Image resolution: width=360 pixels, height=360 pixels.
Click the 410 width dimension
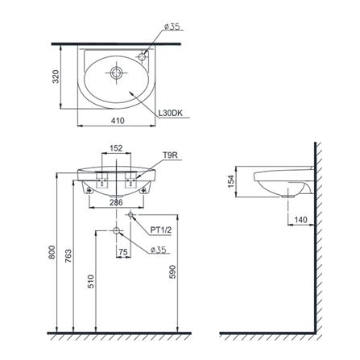(118, 121)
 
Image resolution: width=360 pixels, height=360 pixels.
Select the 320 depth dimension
(56, 77)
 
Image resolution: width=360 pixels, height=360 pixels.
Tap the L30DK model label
(171, 113)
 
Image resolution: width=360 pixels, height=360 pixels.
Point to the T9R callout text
(171, 155)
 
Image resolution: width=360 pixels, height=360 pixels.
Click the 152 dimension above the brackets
(116, 148)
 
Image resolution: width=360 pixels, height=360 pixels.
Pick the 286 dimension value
(116, 202)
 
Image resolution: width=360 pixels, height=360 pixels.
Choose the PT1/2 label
(160, 230)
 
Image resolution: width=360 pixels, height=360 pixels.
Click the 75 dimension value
(123, 252)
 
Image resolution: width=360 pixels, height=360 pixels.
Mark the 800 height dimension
(52, 252)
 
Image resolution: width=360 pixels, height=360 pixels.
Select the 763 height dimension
(68, 256)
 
